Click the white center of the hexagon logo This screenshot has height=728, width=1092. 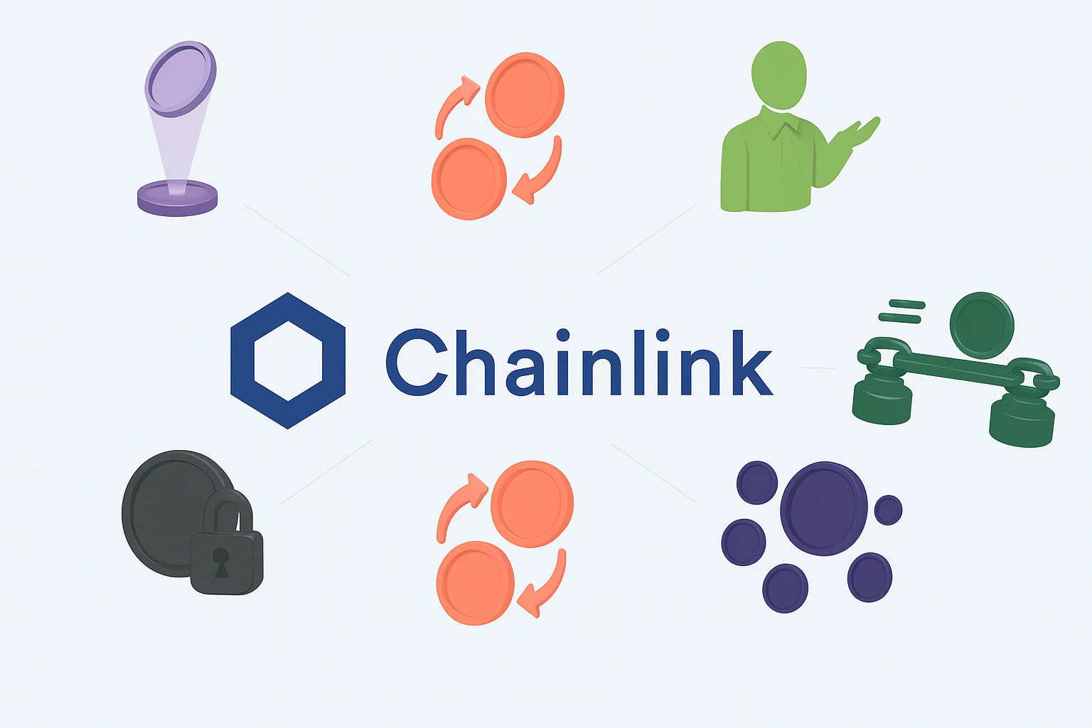tap(288, 360)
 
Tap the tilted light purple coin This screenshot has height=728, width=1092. tap(181, 78)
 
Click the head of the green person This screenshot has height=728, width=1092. tap(779, 75)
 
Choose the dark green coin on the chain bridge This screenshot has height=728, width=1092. tap(982, 324)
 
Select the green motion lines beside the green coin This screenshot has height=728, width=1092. tap(901, 311)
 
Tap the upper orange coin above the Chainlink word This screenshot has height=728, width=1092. tap(525, 94)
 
